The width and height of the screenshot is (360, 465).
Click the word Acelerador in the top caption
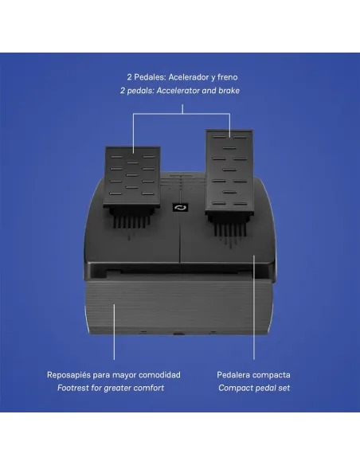[x=188, y=77]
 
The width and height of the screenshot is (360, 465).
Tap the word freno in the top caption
[x=227, y=77]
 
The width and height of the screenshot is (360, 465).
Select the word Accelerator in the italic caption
[x=178, y=91]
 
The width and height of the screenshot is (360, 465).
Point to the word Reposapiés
[x=68, y=375]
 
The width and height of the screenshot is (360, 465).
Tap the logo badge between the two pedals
[x=180, y=207]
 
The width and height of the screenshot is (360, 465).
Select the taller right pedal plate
[x=229, y=171]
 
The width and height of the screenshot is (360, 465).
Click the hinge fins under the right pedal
[x=230, y=225]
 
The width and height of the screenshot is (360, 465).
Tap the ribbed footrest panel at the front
[x=178, y=307]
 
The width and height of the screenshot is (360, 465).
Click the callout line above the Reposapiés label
[x=114, y=331]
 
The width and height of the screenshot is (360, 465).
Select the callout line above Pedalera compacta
[x=254, y=307]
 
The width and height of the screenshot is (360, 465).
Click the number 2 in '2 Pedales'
[x=129, y=77]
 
